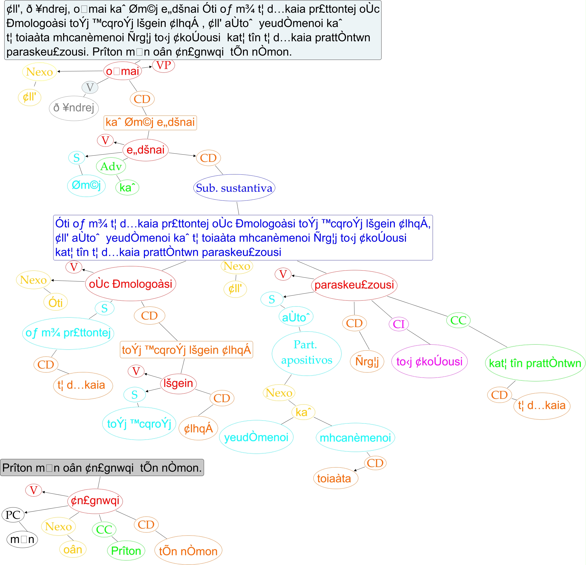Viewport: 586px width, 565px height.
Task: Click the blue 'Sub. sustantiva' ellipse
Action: coord(234,188)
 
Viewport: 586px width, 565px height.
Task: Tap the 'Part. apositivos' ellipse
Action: coord(306,353)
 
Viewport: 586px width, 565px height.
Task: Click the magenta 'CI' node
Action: coord(399,324)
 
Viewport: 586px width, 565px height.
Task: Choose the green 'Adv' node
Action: coord(111,166)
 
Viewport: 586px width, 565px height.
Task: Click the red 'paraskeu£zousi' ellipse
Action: coord(354,285)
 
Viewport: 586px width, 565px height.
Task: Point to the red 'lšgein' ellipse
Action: coord(178,383)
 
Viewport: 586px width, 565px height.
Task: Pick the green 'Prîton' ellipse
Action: coord(126,551)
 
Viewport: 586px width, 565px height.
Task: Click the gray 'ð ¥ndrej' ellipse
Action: coord(74,108)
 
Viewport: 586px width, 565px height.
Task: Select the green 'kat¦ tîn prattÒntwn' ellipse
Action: coord(535,363)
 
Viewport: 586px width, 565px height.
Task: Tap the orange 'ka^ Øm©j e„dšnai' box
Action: coord(150,123)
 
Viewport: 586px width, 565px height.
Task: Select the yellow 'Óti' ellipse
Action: coord(56,303)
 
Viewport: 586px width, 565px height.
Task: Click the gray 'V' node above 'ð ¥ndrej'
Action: coord(90,87)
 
